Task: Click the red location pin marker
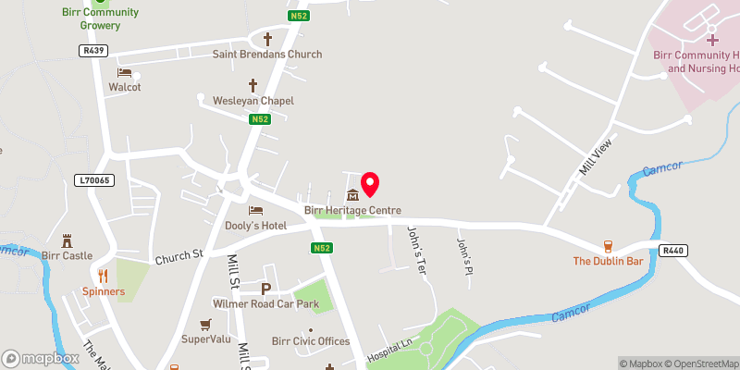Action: click(x=370, y=184)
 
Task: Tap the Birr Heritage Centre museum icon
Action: click(x=352, y=196)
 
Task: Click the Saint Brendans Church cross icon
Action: click(x=268, y=40)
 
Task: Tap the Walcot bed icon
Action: click(x=124, y=73)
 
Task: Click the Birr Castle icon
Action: click(x=66, y=240)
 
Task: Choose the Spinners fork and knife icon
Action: click(x=103, y=276)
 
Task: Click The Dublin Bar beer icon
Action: click(x=608, y=246)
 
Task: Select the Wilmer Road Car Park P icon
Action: click(x=266, y=289)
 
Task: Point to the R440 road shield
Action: click(x=673, y=251)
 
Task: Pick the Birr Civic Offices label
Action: click(x=311, y=341)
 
